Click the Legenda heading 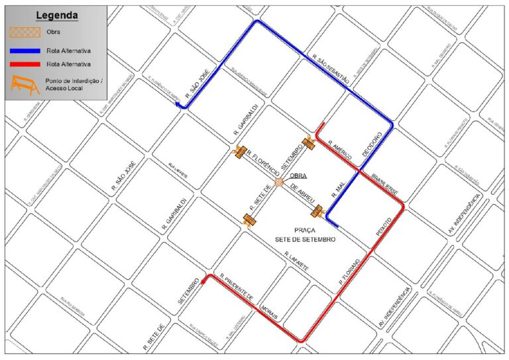pyautogui.click(x=56, y=15)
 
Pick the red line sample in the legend pyautogui.click(x=25, y=64)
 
